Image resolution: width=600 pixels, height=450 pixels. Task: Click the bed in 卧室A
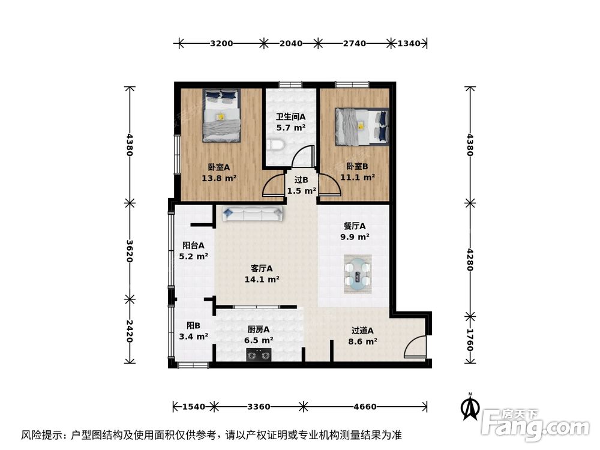click(222, 115)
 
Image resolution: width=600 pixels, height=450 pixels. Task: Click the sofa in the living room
click(251, 212)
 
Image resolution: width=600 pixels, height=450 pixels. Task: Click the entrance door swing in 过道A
click(414, 348)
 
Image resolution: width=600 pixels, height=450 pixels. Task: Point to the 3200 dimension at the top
click(221, 43)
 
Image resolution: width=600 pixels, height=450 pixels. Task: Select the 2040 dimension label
click(291, 43)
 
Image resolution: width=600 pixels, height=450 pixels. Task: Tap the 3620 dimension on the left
click(129, 251)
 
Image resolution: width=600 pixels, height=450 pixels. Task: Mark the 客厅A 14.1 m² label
click(262, 274)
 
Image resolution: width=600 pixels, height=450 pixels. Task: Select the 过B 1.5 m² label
click(301, 185)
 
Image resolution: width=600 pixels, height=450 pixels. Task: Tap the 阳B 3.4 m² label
click(193, 331)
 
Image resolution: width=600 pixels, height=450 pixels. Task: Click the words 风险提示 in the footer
click(42, 434)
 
